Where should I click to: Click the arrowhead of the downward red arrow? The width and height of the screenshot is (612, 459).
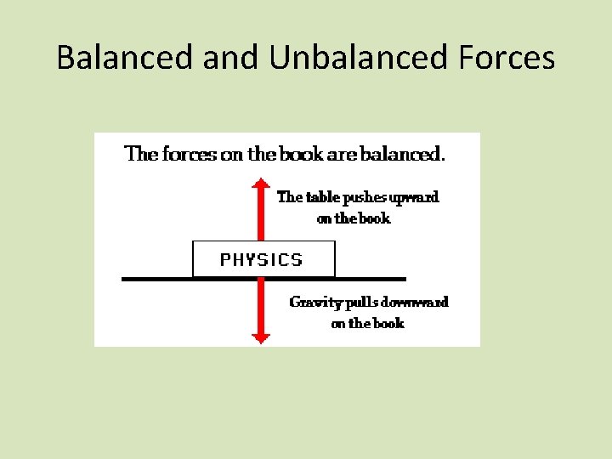(x=262, y=337)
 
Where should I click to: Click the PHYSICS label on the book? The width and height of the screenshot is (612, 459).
(x=261, y=259)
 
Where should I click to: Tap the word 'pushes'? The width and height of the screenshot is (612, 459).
(x=365, y=197)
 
